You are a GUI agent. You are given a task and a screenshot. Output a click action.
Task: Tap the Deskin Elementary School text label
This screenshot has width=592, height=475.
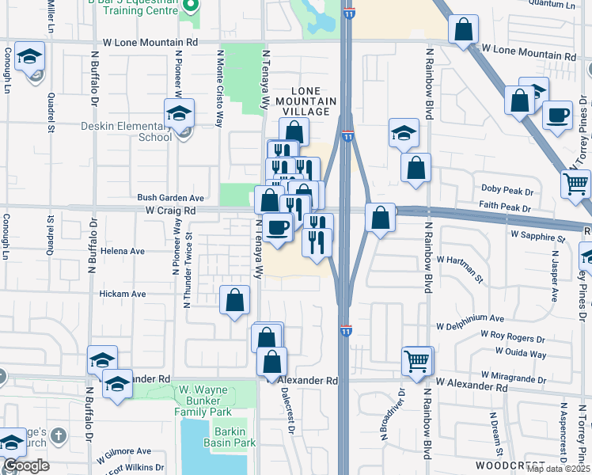coord(126,131)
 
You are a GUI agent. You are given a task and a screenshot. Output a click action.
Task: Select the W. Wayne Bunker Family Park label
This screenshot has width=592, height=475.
coord(204,401)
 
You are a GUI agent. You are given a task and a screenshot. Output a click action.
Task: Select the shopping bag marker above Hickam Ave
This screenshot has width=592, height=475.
coord(235,300)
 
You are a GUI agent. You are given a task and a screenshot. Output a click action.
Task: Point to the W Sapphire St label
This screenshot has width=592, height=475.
coord(538,237)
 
